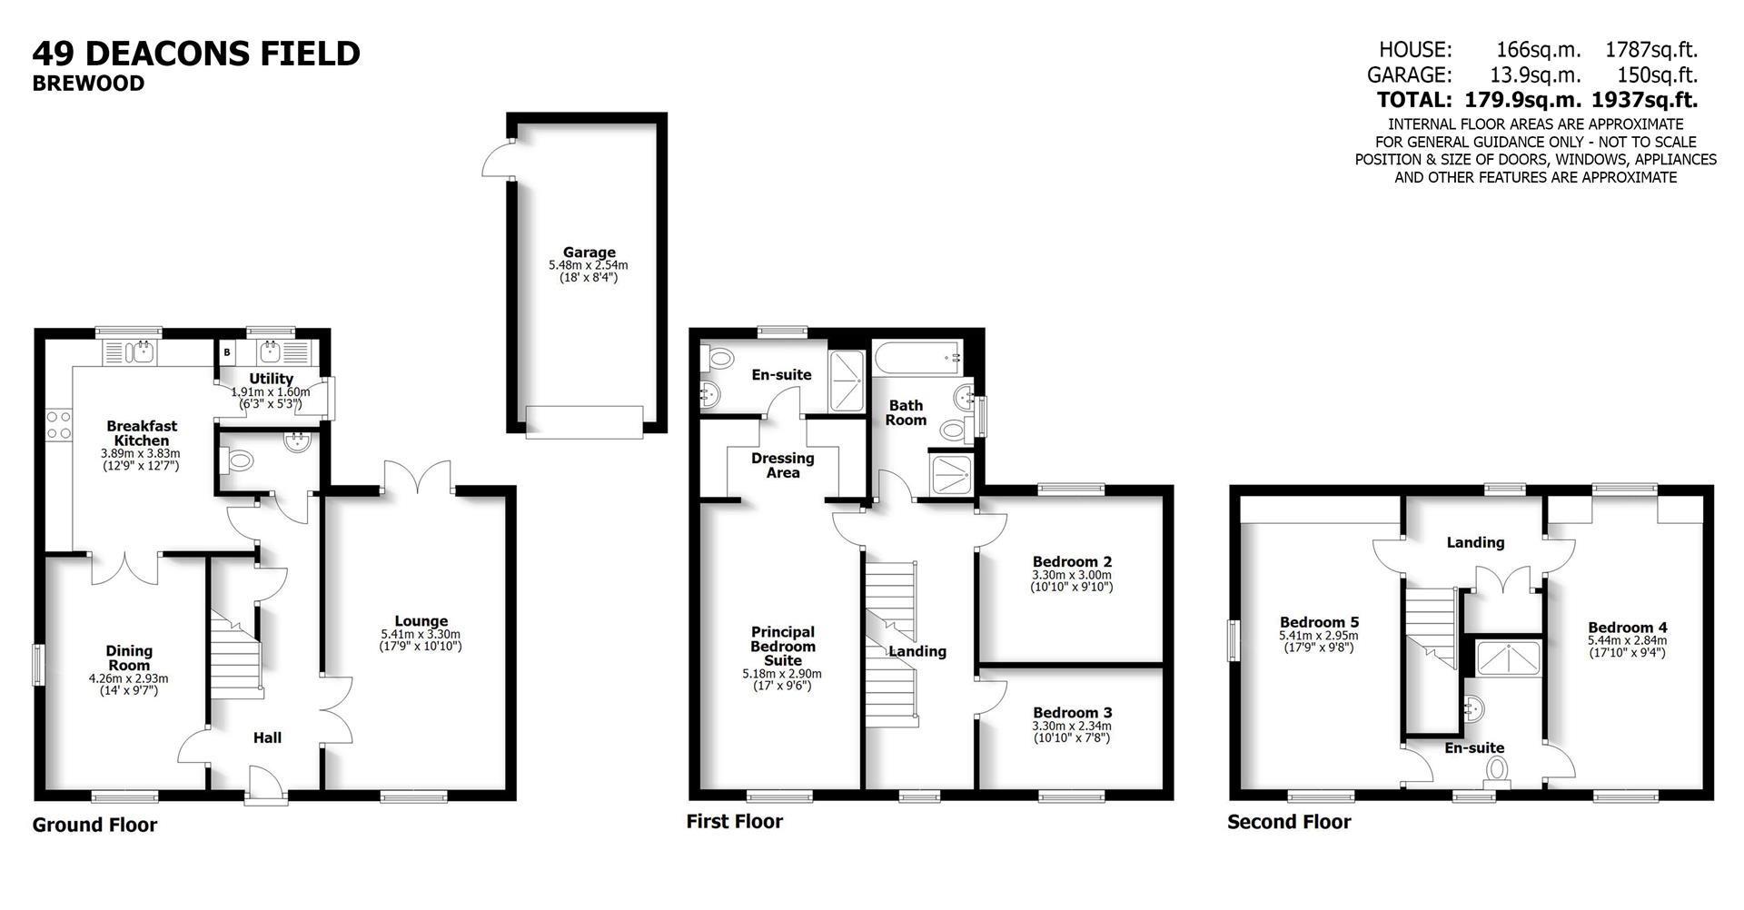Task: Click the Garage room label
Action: pos(589,252)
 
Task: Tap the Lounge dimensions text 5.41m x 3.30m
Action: pos(421,635)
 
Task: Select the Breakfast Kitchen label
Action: pos(142,433)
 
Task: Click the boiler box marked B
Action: pos(227,351)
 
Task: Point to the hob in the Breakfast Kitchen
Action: pos(59,424)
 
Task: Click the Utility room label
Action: pos(271,379)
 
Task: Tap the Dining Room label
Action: pos(129,658)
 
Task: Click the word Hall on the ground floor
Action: pos(267,737)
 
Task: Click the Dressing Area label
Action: pos(782,465)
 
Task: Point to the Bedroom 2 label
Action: pos(1072,562)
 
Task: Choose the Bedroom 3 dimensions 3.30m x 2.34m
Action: pos(1072,726)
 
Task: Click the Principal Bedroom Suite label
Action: pos(782,646)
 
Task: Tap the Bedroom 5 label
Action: pos(1319,622)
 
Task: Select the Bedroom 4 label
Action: pos(1627,628)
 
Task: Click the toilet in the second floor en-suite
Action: pos(1497,770)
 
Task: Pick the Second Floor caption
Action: pos(1289,822)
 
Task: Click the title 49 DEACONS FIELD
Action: pos(196,54)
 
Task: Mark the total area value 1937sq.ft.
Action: pos(1652,100)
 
